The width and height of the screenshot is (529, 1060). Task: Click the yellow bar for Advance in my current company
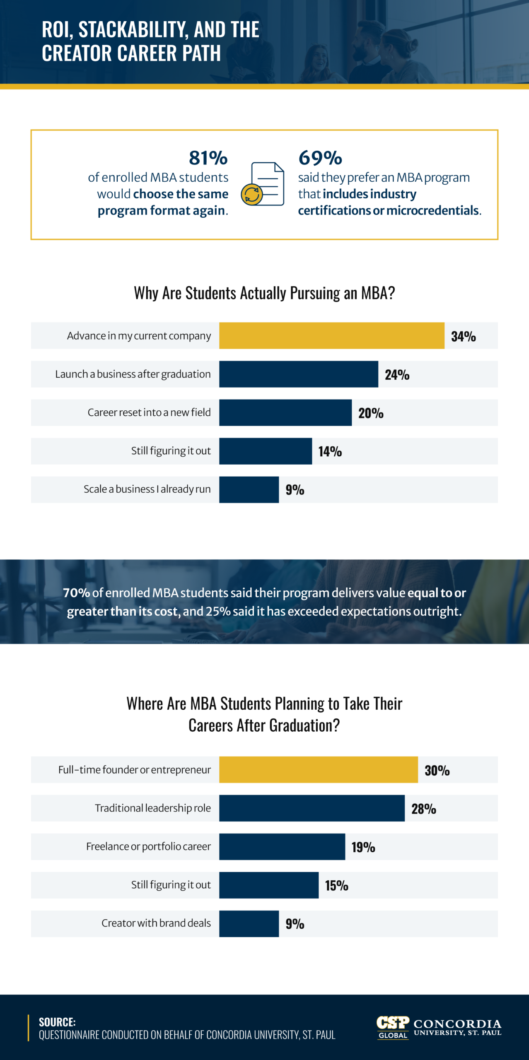[x=331, y=335]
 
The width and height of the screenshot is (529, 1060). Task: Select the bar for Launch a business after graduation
[x=298, y=374]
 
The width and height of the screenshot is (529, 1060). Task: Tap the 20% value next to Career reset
[x=371, y=413]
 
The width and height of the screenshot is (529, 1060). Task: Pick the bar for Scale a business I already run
[x=249, y=489]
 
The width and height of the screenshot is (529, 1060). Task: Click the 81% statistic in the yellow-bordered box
[x=208, y=158]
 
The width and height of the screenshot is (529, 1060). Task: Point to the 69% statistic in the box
[x=320, y=158]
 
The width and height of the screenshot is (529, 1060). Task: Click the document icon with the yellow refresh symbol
[x=263, y=184]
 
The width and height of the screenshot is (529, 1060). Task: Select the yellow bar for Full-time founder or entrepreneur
[x=318, y=769]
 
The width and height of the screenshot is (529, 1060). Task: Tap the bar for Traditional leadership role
[x=312, y=808]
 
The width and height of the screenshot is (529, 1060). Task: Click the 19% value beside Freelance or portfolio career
[x=363, y=847]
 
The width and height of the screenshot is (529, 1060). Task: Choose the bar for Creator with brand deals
[x=249, y=923]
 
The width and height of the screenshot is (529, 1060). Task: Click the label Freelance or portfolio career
[x=148, y=846]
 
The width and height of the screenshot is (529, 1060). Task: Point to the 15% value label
[x=336, y=885]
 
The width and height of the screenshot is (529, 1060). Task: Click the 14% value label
[x=330, y=451]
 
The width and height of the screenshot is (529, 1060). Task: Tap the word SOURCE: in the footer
[x=57, y=1022]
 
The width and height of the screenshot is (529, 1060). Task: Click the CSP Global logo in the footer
[x=393, y=1027]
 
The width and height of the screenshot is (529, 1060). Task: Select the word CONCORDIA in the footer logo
[x=457, y=1024]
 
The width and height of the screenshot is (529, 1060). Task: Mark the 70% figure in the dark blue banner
[x=76, y=593]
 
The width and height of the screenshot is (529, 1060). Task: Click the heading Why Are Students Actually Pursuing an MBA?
[x=264, y=293]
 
